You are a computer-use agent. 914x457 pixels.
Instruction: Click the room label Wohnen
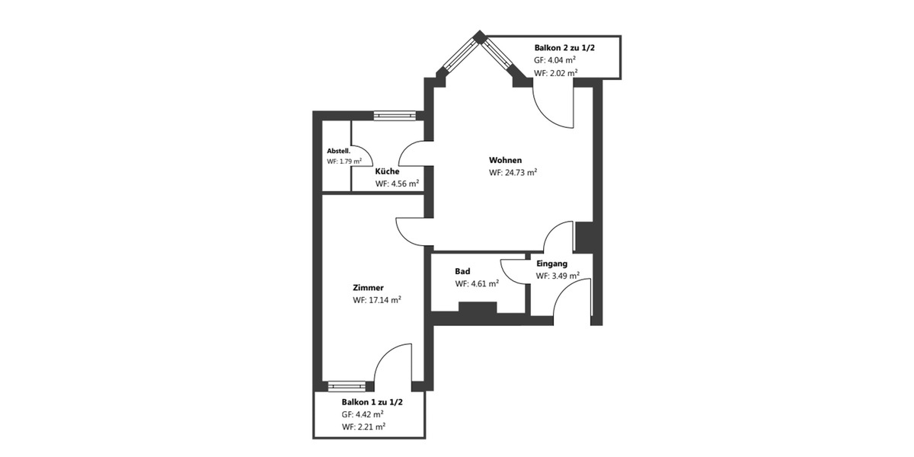pyautogui.click(x=505, y=161)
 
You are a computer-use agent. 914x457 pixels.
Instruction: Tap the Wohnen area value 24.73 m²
pyautogui.click(x=513, y=173)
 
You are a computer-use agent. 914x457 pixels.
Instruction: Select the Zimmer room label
pyautogui.click(x=368, y=288)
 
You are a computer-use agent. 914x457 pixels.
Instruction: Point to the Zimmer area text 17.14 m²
pyautogui.click(x=377, y=300)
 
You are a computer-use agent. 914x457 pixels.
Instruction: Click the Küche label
pyautogui.click(x=387, y=171)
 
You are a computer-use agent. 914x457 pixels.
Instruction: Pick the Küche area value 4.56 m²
pyautogui.click(x=397, y=184)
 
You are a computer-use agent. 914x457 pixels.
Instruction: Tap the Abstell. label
pyautogui.click(x=338, y=151)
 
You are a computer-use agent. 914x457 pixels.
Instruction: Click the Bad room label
pyautogui.click(x=462, y=271)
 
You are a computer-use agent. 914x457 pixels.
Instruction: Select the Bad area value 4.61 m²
pyautogui.click(x=477, y=283)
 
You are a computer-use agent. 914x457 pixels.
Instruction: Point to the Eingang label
pyautogui.click(x=551, y=264)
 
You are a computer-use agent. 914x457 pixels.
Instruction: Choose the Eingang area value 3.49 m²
pyautogui.click(x=558, y=276)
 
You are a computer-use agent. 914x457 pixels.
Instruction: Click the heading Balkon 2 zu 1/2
pyautogui.click(x=564, y=47)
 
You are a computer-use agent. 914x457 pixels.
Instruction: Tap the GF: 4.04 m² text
pyautogui.click(x=555, y=60)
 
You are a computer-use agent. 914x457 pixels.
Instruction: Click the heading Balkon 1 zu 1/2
pyautogui.click(x=372, y=401)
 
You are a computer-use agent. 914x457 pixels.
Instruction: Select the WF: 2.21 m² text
pyautogui.click(x=363, y=427)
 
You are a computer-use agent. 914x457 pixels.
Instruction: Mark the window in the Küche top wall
pyautogui.click(x=394, y=116)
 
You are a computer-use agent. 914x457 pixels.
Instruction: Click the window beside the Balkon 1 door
pyautogui.click(x=347, y=386)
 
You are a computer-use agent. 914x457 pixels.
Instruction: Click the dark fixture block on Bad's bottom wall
pyautogui.click(x=478, y=308)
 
